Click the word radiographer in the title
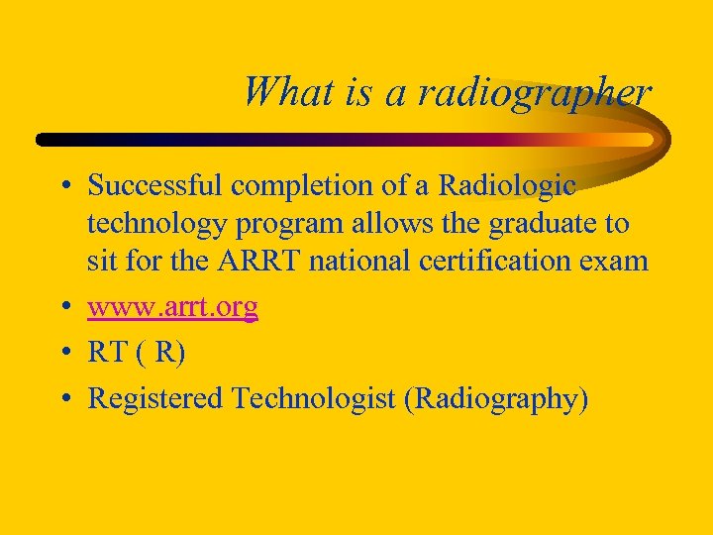point(535,93)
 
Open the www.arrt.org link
point(172,307)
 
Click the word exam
point(619,262)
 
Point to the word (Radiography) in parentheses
point(500,398)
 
